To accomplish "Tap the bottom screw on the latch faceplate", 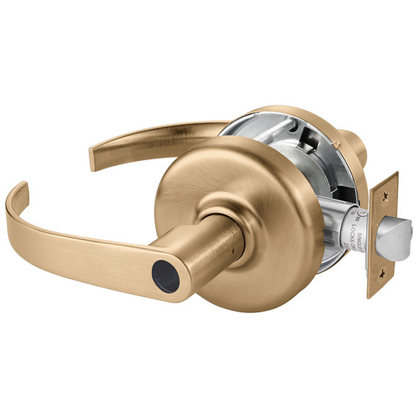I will (x=383, y=271).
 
